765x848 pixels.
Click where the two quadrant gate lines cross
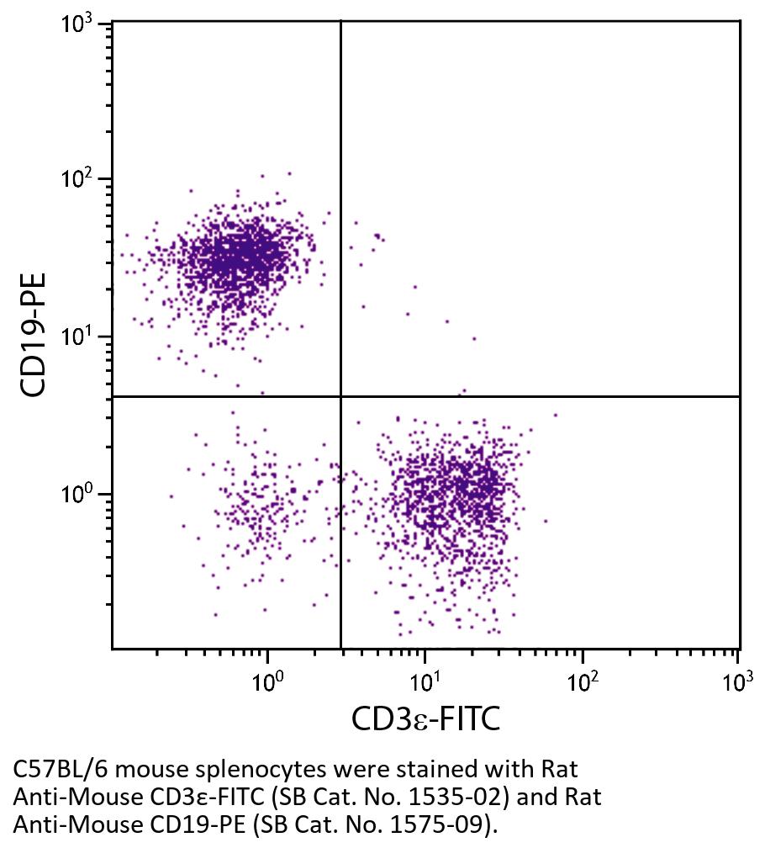click(x=340, y=396)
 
